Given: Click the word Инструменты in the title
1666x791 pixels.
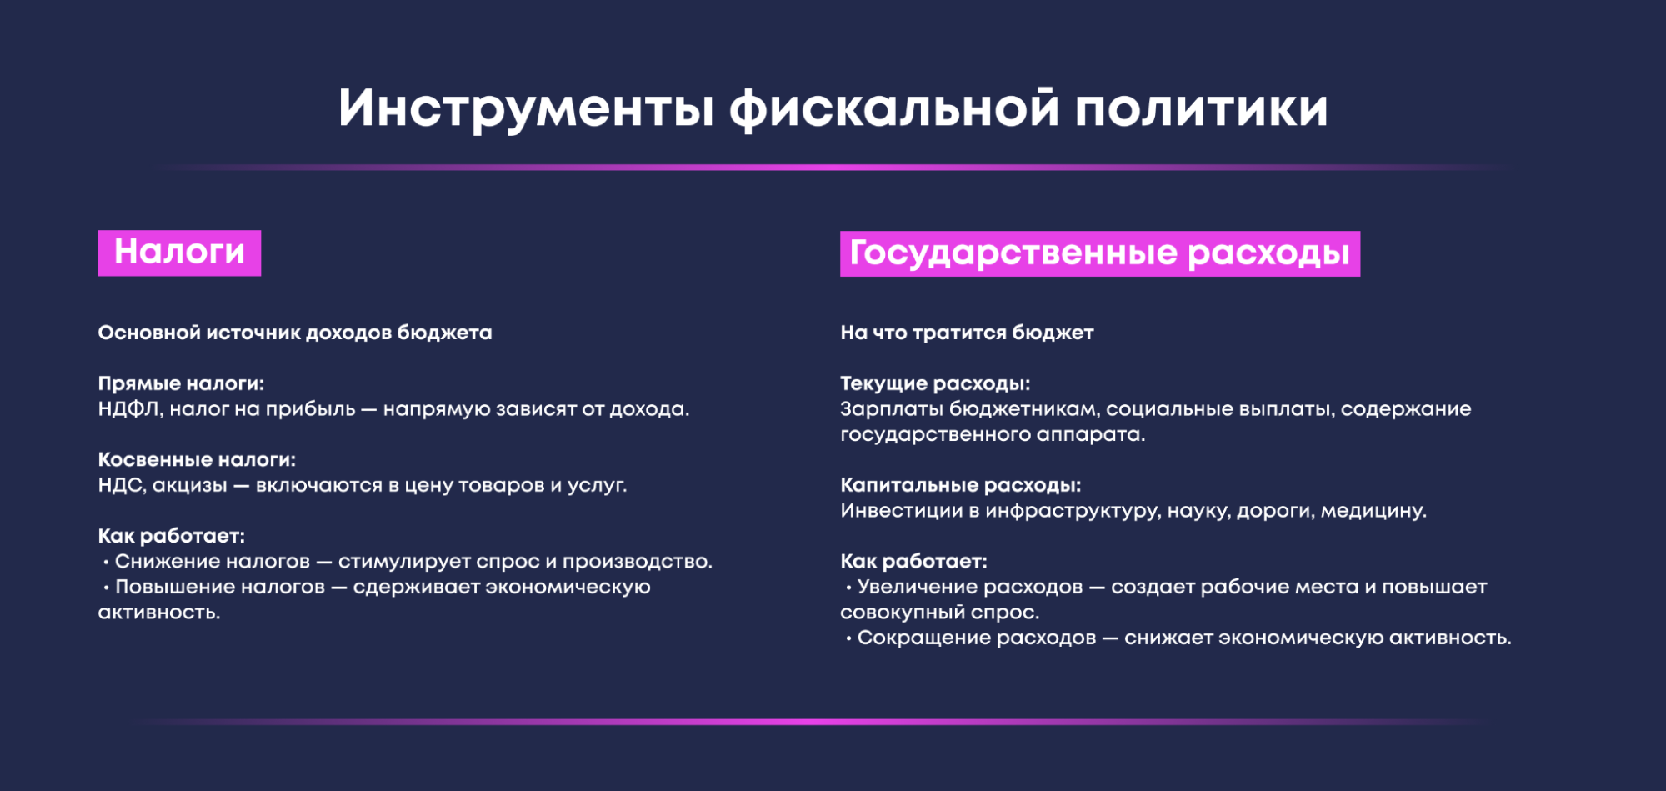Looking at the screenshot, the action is (x=526, y=108).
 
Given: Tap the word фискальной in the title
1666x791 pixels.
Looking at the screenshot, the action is (x=894, y=108).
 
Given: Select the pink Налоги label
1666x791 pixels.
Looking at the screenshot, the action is (x=179, y=253).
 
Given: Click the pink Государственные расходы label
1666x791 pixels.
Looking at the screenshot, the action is (x=1100, y=253).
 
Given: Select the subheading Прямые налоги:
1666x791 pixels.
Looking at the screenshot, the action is (x=181, y=383).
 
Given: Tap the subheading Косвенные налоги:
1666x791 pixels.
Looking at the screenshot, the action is (x=197, y=459).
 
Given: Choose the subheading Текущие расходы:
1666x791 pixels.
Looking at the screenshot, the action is (x=935, y=383).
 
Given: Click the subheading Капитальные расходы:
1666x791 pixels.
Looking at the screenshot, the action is (x=960, y=485).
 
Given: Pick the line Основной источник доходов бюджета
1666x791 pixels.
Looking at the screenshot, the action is (x=295, y=333).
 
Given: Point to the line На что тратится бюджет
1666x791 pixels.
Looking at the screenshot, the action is (x=967, y=333).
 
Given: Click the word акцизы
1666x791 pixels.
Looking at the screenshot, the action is (x=190, y=486).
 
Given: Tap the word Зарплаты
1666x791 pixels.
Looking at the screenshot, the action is (x=891, y=409).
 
